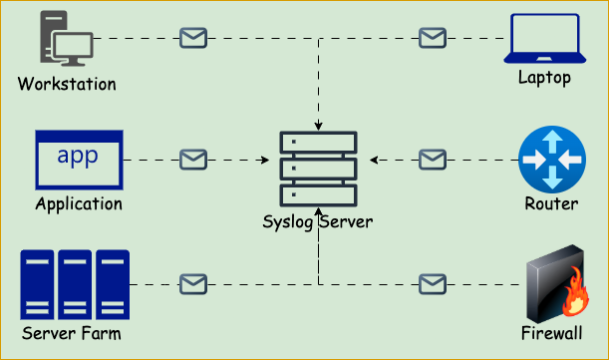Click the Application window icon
click(79, 160)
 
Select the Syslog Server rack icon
click(318, 169)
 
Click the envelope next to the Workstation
click(192, 38)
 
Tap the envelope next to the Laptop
click(432, 38)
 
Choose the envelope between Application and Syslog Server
click(192, 159)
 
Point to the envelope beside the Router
click(432, 159)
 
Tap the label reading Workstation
click(67, 84)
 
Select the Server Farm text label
click(72, 333)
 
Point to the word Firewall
click(552, 333)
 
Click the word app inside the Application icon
click(78, 156)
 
